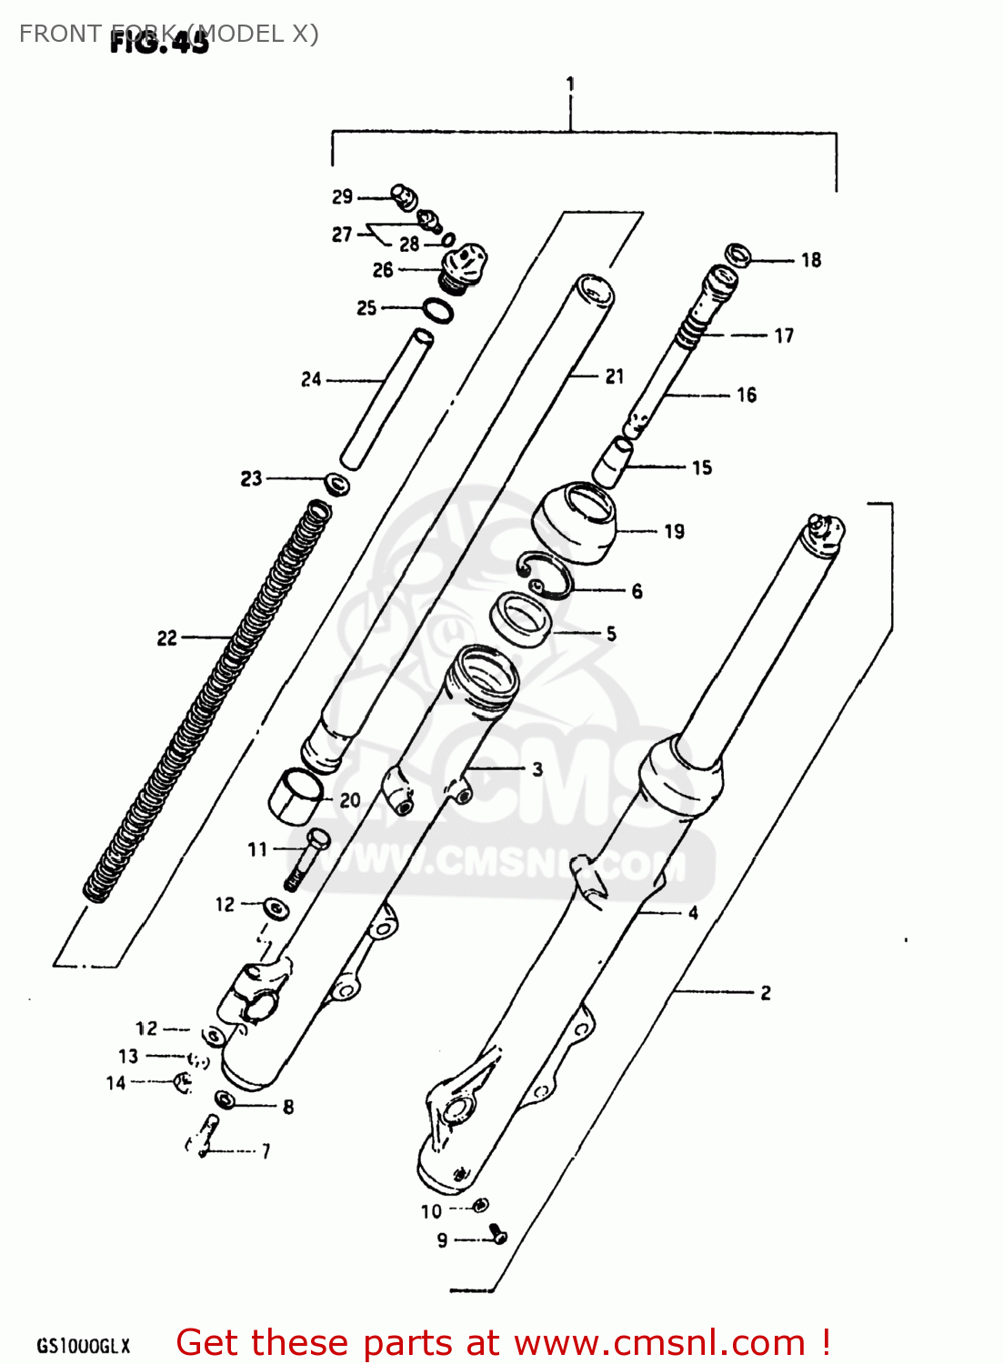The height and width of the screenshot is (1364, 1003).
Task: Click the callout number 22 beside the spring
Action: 166,638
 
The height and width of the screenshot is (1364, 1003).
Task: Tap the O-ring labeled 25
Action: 438,311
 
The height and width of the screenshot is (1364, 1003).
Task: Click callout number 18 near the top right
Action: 811,261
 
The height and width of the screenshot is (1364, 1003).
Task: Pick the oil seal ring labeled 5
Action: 521,620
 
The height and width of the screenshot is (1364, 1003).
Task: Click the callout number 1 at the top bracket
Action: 570,84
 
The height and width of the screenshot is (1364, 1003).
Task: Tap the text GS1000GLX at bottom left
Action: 84,1347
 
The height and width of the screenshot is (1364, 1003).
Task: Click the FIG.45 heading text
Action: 159,43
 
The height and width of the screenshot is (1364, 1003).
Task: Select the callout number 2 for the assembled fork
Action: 766,993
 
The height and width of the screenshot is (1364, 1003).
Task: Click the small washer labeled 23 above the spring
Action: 337,483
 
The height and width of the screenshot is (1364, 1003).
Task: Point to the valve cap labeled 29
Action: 403,195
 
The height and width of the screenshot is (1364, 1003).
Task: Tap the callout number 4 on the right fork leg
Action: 693,913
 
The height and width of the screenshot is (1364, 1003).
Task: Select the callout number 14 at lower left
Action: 115,1083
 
